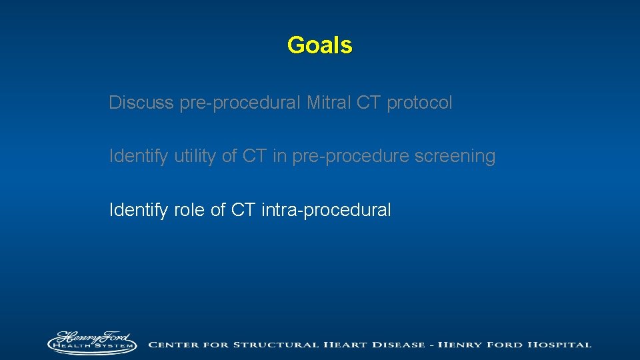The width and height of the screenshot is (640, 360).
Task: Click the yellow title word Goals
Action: pyautogui.click(x=319, y=45)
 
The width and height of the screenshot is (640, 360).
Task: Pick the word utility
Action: pyautogui.click(x=197, y=157)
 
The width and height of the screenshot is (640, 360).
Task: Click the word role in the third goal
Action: pyautogui.click(x=190, y=210)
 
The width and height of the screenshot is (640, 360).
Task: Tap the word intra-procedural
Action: pyautogui.click(x=326, y=210)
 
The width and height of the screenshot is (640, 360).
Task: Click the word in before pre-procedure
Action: pyautogui.click(x=280, y=156)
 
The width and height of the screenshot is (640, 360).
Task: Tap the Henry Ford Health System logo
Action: pyautogui.click(x=93, y=343)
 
